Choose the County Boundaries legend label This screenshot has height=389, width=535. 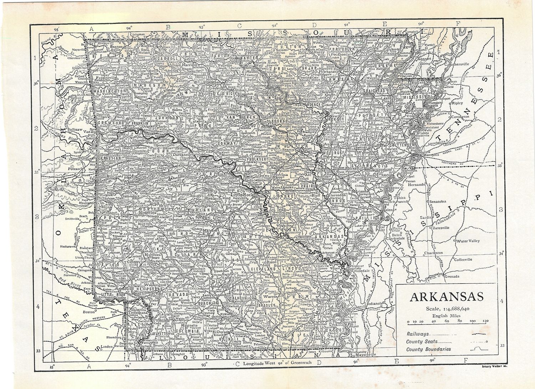[428, 349]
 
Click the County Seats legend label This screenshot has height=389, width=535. [422, 342]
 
